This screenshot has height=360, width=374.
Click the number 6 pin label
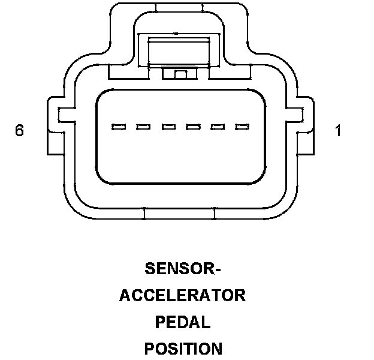pyautogui.click(x=19, y=130)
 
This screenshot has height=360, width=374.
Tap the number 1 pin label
pyautogui.click(x=338, y=130)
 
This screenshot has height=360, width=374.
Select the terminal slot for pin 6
pyautogui.click(x=119, y=127)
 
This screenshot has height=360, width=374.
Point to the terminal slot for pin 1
pyautogui.click(x=242, y=127)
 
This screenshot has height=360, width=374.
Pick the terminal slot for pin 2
pyautogui.click(x=218, y=127)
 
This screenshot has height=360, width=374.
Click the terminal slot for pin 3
pyautogui.click(x=193, y=127)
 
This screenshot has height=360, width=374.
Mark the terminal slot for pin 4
pyautogui.click(x=168, y=127)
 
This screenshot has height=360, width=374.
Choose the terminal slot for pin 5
pyautogui.click(x=143, y=127)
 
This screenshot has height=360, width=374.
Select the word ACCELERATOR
pyautogui.click(x=182, y=295)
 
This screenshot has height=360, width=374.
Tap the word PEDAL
pyautogui.click(x=183, y=322)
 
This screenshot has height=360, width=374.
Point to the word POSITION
pyautogui.click(x=183, y=349)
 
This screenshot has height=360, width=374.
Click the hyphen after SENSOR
pyautogui.click(x=218, y=269)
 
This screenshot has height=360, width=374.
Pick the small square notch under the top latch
pyautogui.click(x=180, y=74)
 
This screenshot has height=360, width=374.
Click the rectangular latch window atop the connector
pyautogui.click(x=179, y=51)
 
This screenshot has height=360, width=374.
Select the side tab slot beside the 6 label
pyautogui.click(x=67, y=115)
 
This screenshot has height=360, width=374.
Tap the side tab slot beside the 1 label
pyautogui.click(x=295, y=115)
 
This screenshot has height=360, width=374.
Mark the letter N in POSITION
pyautogui.click(x=216, y=349)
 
